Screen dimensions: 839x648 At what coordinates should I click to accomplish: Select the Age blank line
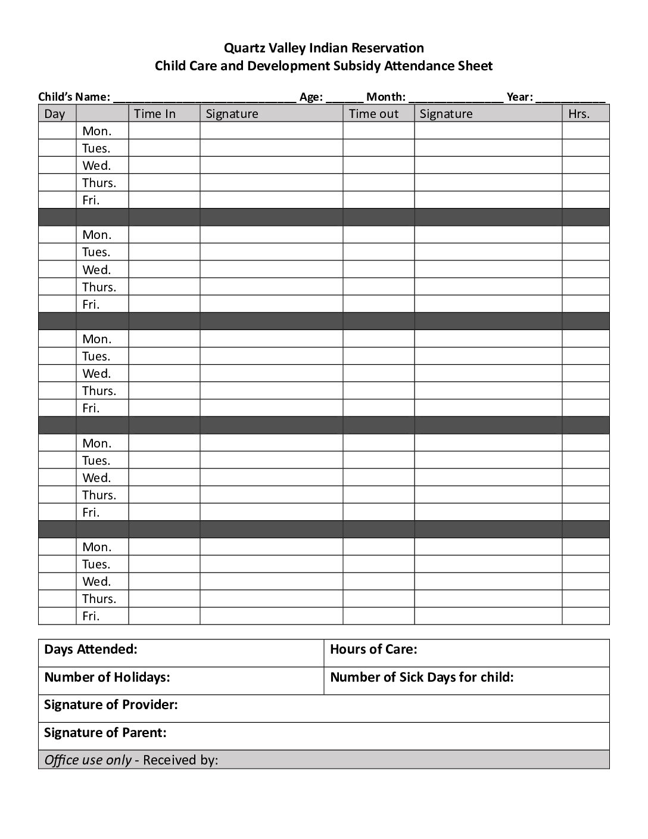point(345,99)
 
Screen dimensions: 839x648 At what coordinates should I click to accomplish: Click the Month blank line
point(456,99)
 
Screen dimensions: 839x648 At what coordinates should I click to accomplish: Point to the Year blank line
point(571,99)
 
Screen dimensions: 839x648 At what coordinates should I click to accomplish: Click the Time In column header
point(155,114)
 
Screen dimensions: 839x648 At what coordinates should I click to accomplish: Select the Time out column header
point(373,114)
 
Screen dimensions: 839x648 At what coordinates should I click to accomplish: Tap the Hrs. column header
point(578,114)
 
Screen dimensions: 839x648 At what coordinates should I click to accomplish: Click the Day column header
point(55,114)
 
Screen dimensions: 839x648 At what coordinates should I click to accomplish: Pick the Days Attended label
point(91,649)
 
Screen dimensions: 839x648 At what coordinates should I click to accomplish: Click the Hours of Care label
point(373,649)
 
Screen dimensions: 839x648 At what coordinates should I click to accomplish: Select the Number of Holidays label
point(107,677)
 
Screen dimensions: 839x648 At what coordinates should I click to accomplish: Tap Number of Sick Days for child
point(422,677)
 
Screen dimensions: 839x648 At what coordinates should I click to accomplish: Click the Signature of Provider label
point(111,705)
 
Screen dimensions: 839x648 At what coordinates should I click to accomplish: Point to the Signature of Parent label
point(105,732)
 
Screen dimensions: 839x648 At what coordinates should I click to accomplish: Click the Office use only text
point(88,760)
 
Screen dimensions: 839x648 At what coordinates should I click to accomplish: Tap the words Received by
point(180,760)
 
